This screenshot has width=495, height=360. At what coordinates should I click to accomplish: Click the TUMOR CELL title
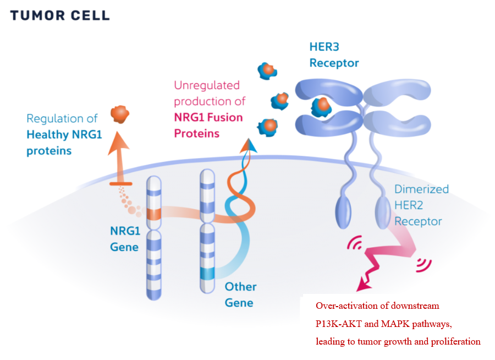[59, 15]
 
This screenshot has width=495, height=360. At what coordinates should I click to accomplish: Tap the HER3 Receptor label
[334, 56]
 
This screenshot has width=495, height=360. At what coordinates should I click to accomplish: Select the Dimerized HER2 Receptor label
[421, 205]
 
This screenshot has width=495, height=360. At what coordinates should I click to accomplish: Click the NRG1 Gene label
[124, 238]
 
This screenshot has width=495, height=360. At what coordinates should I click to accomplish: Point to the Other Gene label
[240, 294]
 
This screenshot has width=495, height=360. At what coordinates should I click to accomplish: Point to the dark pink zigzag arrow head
[364, 285]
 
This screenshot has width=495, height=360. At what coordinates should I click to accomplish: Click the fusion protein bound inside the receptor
[321, 105]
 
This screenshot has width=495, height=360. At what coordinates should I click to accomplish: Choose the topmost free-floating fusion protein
[266, 70]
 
